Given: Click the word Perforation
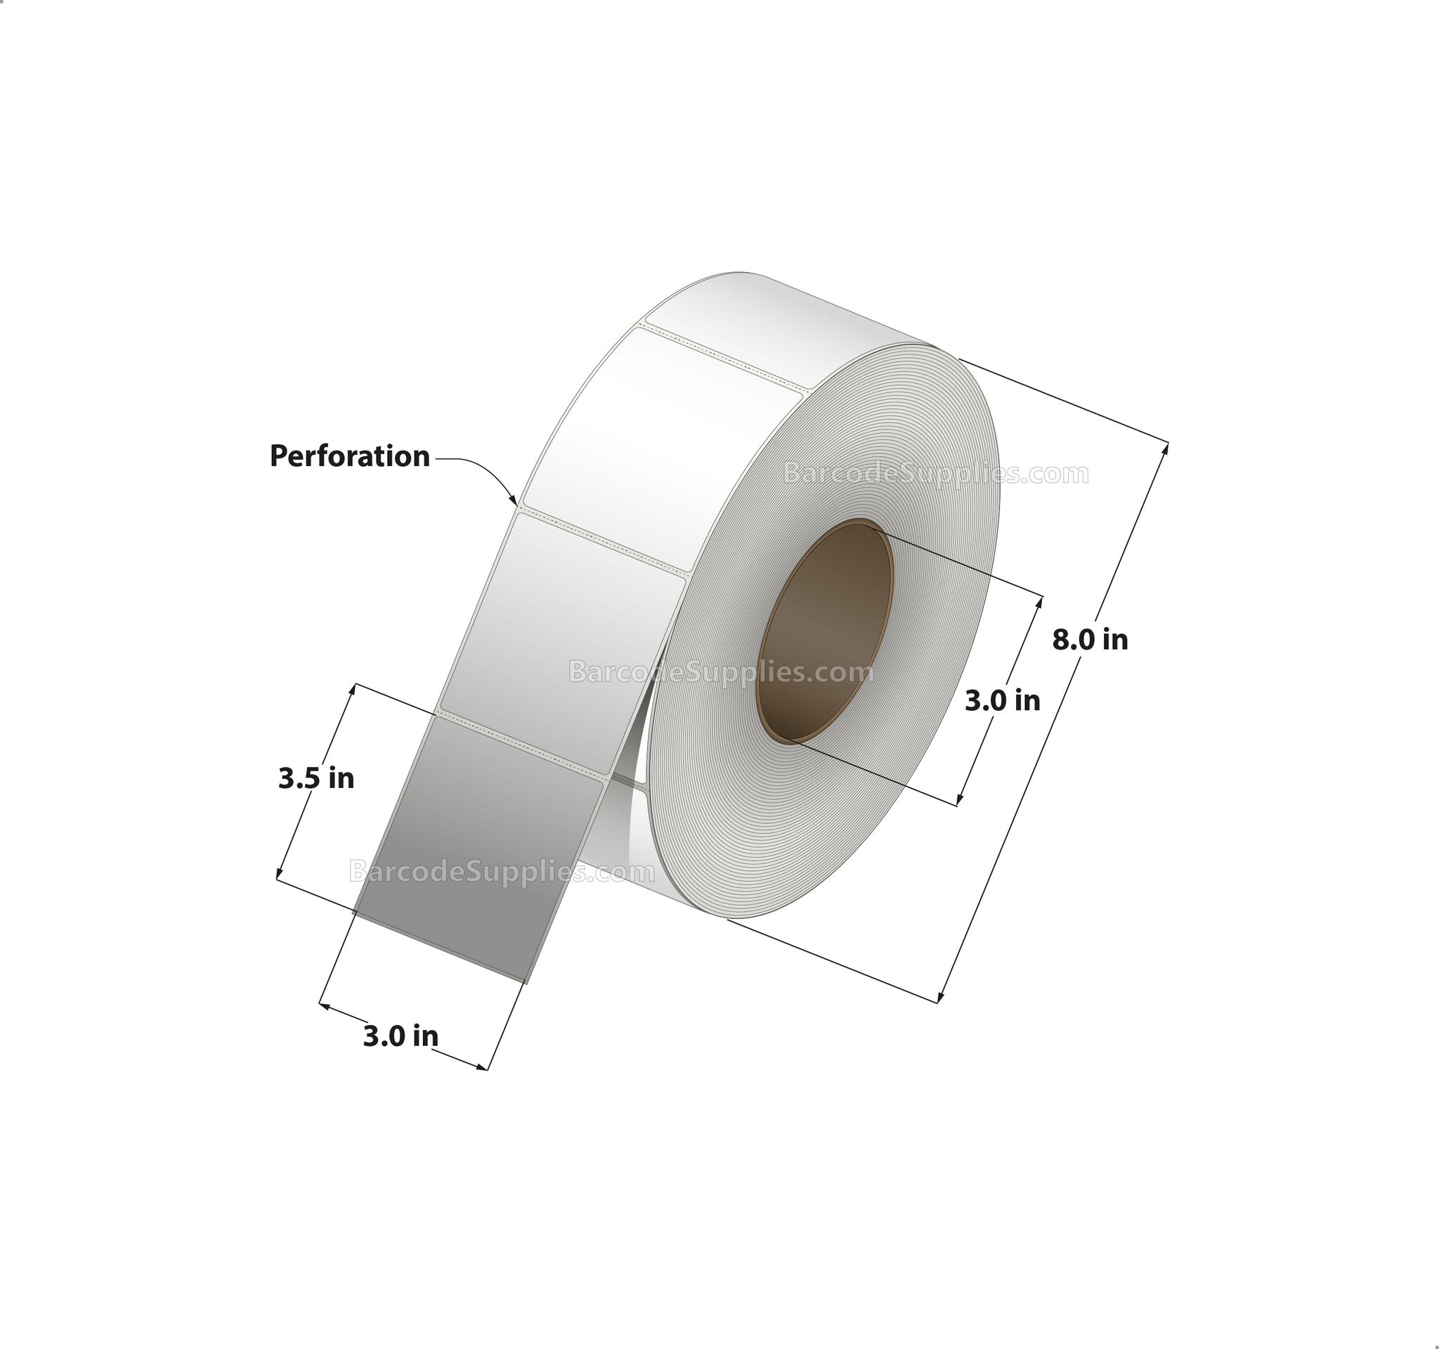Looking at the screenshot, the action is click(350, 457).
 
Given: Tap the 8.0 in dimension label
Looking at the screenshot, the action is click(1089, 640).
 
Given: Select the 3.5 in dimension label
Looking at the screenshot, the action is click(316, 778).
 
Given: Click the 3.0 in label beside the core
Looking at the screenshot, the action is click(1003, 700).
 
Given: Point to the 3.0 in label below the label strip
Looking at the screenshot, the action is click(401, 1036).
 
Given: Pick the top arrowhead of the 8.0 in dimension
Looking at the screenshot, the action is click(1165, 448).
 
